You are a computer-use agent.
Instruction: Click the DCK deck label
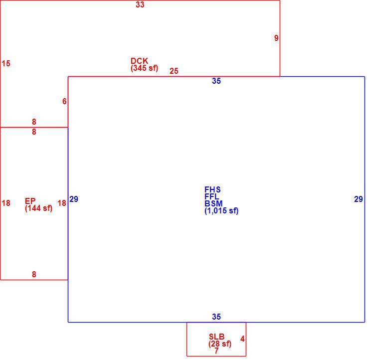[140, 61]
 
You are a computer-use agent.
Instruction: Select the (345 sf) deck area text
[144, 68]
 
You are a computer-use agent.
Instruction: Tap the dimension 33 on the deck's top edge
[140, 4]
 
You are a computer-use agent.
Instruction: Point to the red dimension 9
[276, 38]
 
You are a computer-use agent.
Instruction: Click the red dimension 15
[6, 63]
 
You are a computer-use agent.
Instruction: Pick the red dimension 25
[174, 71]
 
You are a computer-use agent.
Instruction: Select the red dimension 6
[64, 101]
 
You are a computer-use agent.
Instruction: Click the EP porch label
[30, 201]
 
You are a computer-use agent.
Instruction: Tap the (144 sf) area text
[39, 208]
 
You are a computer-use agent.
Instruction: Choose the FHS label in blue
[212, 189]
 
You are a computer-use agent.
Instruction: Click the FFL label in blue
[212, 196]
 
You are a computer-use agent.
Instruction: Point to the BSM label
[213, 203]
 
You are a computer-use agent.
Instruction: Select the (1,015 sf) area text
[221, 211]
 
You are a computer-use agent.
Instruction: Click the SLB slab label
[216, 337]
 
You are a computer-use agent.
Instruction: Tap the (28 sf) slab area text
[220, 344]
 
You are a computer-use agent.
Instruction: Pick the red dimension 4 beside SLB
[242, 339]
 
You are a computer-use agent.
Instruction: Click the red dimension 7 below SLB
[216, 351]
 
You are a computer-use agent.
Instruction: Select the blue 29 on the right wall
[359, 199]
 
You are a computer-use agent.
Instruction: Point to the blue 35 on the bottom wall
[216, 317]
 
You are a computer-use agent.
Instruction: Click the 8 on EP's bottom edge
[34, 274]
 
